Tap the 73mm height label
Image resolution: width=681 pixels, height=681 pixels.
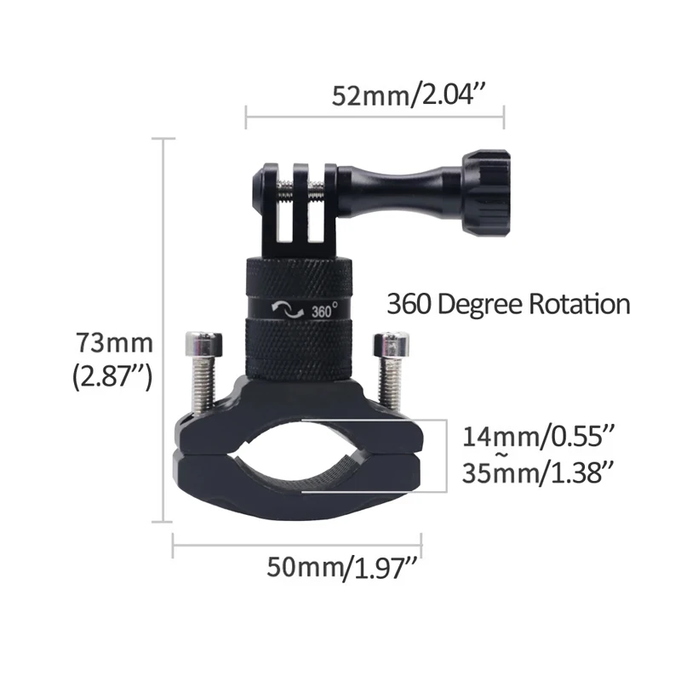112,344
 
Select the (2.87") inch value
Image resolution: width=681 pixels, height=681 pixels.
112,375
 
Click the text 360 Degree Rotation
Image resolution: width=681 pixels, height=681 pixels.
508,304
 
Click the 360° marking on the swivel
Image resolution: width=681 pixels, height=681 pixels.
324,311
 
